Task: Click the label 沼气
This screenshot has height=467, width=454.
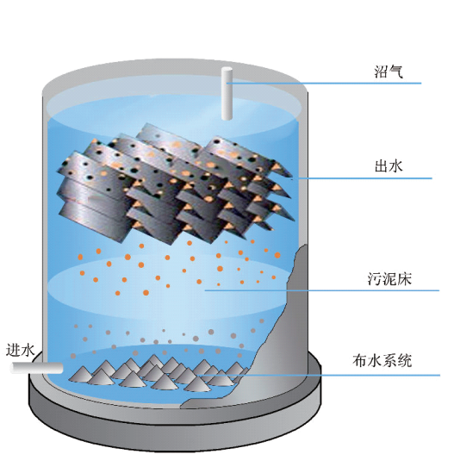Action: (x=389, y=72)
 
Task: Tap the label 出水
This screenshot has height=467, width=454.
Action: (x=389, y=166)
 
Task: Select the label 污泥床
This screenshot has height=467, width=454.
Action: (x=389, y=279)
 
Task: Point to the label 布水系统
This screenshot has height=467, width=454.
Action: (x=382, y=360)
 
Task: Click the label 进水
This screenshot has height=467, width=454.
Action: (x=21, y=350)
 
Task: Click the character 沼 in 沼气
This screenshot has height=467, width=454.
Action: (x=382, y=72)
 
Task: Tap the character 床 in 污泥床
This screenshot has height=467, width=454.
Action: (x=404, y=279)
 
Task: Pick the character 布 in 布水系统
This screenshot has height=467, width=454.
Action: (x=360, y=360)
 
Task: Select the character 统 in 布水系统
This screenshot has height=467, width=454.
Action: (x=405, y=360)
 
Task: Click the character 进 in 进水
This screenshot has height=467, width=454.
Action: (x=14, y=350)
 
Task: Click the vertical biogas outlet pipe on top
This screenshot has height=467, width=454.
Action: (x=227, y=94)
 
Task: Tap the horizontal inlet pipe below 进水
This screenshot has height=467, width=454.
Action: (x=37, y=368)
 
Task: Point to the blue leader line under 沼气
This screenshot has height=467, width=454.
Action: (x=324, y=83)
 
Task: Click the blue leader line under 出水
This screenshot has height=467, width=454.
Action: (x=362, y=178)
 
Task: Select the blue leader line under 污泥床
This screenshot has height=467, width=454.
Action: (x=321, y=290)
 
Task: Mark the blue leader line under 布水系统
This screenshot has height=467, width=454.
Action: (x=320, y=375)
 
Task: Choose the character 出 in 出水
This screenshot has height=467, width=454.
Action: (x=382, y=166)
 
